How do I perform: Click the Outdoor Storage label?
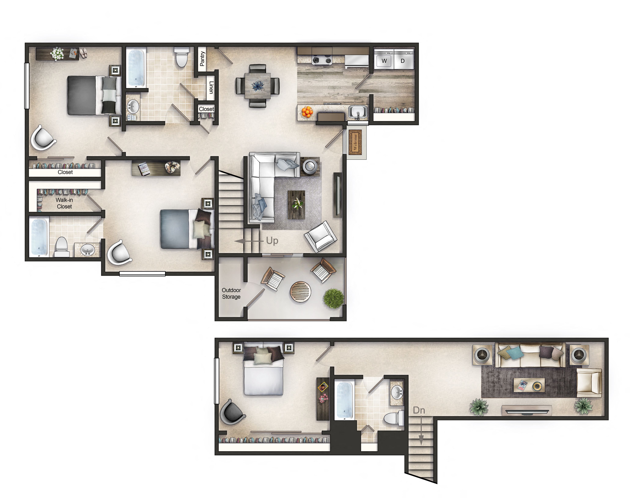(x=231, y=293)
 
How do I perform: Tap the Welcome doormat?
(x=355, y=142)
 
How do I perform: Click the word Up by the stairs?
(x=272, y=241)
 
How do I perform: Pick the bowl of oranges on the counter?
(x=307, y=112)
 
